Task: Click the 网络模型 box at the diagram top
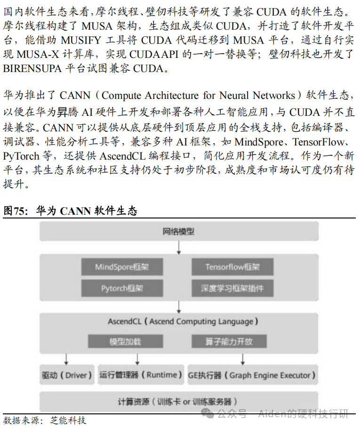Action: click(179, 232)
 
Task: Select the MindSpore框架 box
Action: click(122, 267)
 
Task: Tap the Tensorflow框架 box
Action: click(232, 267)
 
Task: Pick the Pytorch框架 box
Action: click(122, 288)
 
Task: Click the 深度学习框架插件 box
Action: click(232, 288)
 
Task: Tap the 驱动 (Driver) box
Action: click(66, 375)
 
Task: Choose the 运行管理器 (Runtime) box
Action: click(141, 375)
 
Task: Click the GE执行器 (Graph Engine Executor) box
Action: click(252, 375)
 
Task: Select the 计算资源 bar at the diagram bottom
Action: click(179, 402)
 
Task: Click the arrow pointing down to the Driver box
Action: click(66, 358)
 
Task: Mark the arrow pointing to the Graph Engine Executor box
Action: click(243, 358)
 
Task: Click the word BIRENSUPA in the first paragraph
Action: click(32, 68)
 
